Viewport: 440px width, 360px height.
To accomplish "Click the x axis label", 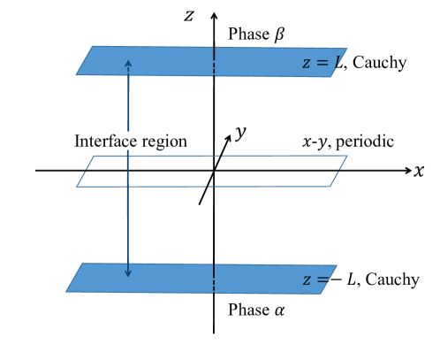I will click(x=419, y=171).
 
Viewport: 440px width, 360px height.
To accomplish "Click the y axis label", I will click(x=240, y=134).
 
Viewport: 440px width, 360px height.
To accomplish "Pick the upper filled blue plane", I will click(x=168, y=61).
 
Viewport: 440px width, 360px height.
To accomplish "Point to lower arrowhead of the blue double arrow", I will click(x=129, y=272).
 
